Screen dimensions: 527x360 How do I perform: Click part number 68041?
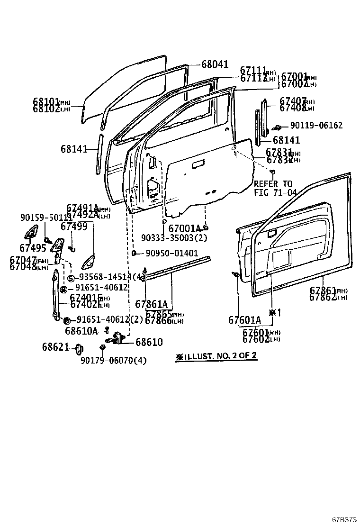pos(215,64)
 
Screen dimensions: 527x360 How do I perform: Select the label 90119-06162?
pos(316,126)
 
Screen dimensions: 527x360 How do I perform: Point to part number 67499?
pos(77,227)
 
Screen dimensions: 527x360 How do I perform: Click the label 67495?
pos(33,247)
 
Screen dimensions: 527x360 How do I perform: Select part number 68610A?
pos(81,331)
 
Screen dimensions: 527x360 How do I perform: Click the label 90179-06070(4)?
pos(113,361)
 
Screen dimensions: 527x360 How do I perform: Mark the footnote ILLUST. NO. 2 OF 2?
pos(216,356)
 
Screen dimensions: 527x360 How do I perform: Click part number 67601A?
pos(244,320)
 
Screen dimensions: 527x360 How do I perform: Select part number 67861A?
pos(152,304)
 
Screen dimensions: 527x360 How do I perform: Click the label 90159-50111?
pos(46,218)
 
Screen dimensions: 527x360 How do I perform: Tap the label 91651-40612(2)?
pos(109,319)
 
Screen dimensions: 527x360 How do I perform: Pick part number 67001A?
pos(185,228)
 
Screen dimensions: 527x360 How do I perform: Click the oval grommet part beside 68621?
pos(79,350)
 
